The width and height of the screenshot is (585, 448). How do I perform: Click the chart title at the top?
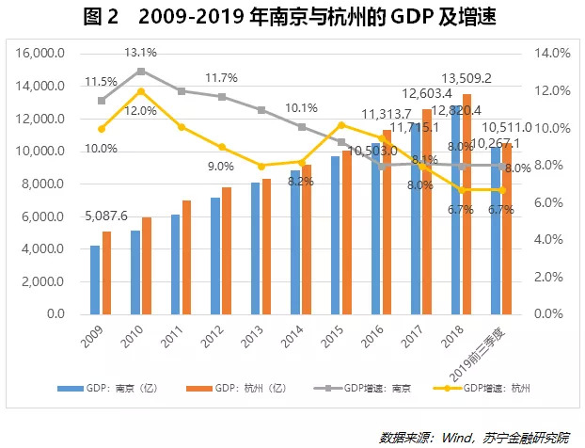pyautogui.click(x=292, y=16)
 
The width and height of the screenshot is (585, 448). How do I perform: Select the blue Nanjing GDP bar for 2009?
pyautogui.click(x=95, y=280)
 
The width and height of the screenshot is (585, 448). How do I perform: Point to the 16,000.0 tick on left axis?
pyautogui.click(x=39, y=54)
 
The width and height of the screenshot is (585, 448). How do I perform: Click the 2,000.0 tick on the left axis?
pyautogui.click(x=41, y=281)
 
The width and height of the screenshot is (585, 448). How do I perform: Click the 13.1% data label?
pyautogui.click(x=143, y=53)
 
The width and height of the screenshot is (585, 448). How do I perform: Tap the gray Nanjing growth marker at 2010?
pyautogui.click(x=141, y=71)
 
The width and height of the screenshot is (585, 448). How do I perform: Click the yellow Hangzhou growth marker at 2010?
pyautogui.click(x=141, y=91)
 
